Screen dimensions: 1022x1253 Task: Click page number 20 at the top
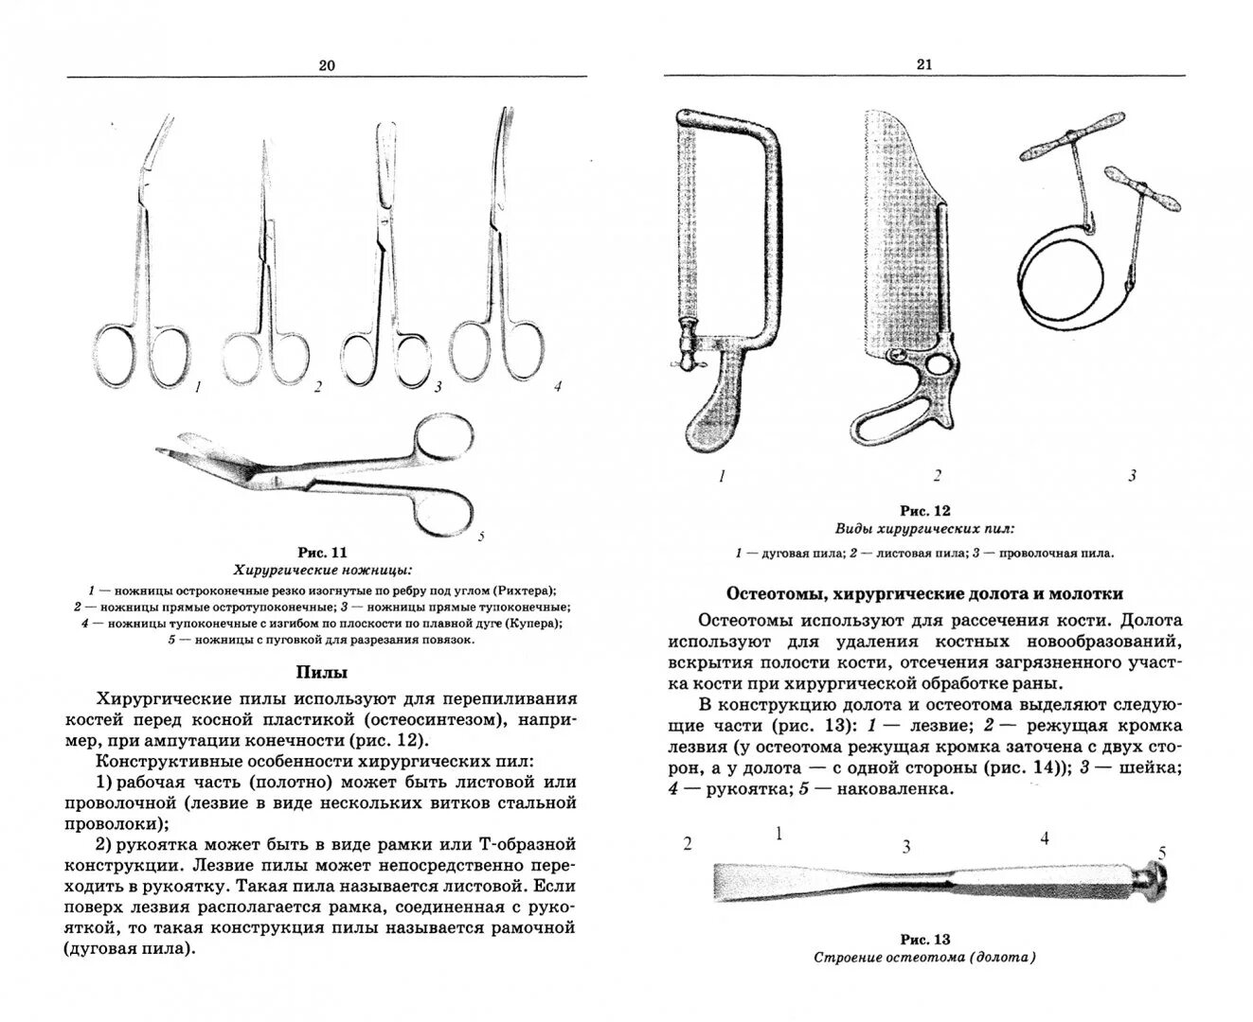tap(327, 65)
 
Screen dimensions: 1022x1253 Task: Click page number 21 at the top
tap(924, 64)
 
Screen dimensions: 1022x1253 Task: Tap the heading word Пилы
tap(322, 673)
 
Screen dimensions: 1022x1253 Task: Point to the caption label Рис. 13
tap(924, 940)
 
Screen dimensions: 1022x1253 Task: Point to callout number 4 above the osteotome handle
tap(1045, 837)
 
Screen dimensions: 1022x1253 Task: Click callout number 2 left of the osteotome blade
tap(688, 844)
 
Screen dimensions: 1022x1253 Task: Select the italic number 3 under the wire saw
tap(1131, 476)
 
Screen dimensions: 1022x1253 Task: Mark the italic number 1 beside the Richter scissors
tap(197, 387)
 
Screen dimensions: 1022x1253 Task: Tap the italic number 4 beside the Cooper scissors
tap(558, 385)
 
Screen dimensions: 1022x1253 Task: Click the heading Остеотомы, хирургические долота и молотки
tap(924, 594)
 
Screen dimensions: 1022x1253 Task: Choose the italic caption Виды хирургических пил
tap(923, 529)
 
